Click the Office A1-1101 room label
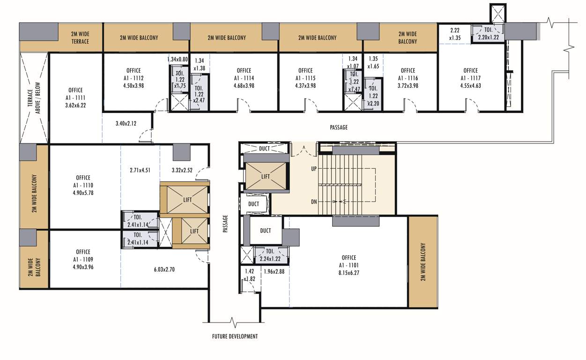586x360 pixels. [x=349, y=265]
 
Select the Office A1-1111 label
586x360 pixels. [x=75, y=98]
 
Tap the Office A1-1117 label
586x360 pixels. [x=470, y=78]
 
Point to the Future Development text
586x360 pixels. [x=235, y=337]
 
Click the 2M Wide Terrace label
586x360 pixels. [x=80, y=37]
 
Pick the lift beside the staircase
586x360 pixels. [x=265, y=176]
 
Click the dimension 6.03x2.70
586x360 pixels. [x=164, y=270]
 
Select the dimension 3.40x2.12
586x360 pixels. [x=126, y=124]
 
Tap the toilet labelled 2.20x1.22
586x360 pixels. [x=488, y=33]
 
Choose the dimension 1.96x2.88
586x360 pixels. [x=274, y=271]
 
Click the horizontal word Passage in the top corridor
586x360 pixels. [x=338, y=127]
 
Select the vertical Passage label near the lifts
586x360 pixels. [x=225, y=224]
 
